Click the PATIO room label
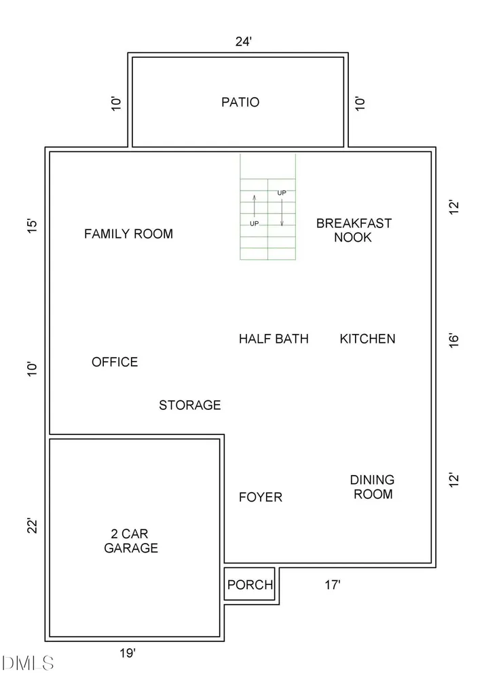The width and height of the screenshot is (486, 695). [240, 102]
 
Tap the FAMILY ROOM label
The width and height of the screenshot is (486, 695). [128, 233]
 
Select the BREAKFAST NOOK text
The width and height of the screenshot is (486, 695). [354, 230]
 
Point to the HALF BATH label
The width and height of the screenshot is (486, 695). [274, 339]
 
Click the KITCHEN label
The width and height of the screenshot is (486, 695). [368, 339]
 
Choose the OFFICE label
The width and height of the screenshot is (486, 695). [115, 362]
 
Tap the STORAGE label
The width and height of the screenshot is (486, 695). [190, 405]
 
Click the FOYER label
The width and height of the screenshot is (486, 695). [260, 497]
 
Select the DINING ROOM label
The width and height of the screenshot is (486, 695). [373, 487]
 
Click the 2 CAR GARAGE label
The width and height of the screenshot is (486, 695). [131, 541]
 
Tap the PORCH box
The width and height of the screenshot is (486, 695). [250, 584]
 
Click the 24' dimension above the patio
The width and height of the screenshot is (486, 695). [244, 41]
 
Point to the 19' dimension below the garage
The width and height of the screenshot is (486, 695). [127, 653]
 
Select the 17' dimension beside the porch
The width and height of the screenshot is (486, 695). [332, 584]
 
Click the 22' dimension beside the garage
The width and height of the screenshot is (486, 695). [33, 525]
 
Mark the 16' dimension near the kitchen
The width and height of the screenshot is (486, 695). [453, 340]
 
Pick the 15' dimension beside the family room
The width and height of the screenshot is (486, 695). [33, 225]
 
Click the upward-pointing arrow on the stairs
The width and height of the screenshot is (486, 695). [255, 205]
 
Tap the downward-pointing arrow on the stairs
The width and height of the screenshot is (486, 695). [282, 212]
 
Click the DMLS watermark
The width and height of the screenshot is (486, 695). [28, 663]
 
